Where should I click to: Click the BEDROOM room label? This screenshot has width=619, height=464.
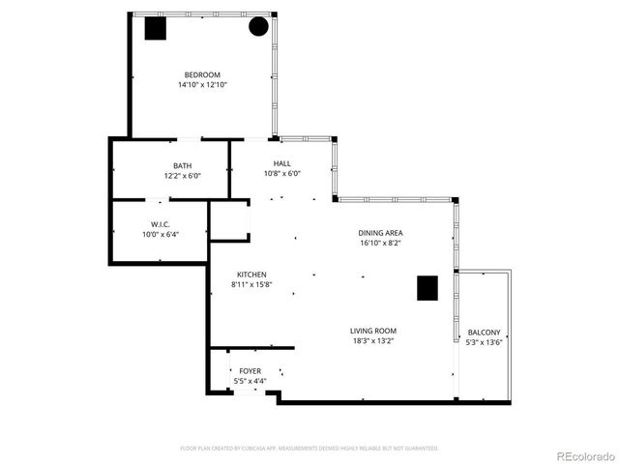[x=203, y=74]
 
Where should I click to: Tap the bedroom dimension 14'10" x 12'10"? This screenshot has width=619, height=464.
[x=203, y=85]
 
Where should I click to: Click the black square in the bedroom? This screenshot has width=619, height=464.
[x=155, y=29]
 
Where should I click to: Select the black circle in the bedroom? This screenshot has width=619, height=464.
[x=258, y=27]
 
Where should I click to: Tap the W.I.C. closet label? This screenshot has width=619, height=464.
[x=161, y=223]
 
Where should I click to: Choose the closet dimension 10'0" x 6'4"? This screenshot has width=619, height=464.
[x=161, y=234]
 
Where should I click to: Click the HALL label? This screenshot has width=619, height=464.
[x=281, y=163]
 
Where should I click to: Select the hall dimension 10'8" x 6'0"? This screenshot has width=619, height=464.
[x=282, y=174]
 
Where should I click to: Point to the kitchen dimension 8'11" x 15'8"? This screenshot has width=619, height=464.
[x=251, y=285]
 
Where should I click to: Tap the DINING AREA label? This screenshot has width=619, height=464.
[x=380, y=233]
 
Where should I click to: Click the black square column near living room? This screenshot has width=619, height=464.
[x=427, y=287]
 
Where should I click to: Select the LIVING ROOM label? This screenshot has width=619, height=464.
[x=373, y=331]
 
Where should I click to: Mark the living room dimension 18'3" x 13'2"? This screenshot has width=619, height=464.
[x=373, y=341]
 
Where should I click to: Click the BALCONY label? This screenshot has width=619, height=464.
[x=485, y=332]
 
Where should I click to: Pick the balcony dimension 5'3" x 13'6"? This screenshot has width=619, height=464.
[x=485, y=342]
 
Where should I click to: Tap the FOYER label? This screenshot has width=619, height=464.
[x=250, y=370]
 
